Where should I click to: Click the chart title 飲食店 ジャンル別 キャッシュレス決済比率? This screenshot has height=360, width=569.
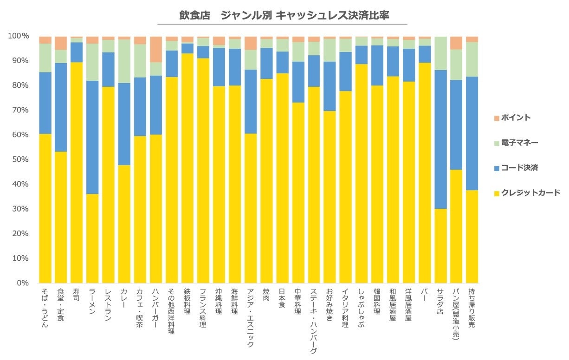pyautogui.click(x=284, y=15)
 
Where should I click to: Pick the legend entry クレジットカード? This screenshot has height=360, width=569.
pyautogui.click(x=529, y=193)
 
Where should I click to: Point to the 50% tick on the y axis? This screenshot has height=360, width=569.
pyautogui.click(x=20, y=160)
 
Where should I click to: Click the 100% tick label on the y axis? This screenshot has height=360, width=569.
pyautogui.click(x=19, y=36)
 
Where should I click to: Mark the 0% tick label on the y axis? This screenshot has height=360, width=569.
pyautogui.click(x=22, y=283)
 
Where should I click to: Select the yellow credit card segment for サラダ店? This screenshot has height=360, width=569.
pyautogui.click(x=440, y=246)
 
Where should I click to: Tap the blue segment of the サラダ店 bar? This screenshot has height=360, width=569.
pyautogui.click(x=440, y=139)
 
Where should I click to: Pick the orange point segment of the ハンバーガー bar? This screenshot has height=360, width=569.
pyautogui.click(x=156, y=49)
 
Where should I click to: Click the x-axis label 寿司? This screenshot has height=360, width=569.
pyautogui.click(x=76, y=295)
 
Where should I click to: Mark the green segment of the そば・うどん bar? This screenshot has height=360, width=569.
pyautogui.click(x=45, y=58)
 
